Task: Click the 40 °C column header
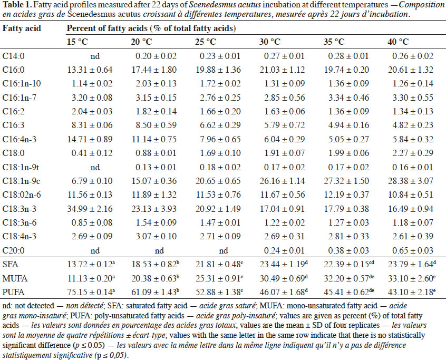point(398,42)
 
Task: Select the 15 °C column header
point(77,42)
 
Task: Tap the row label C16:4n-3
point(20,139)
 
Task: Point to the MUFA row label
point(15,278)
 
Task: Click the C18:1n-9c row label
point(22,181)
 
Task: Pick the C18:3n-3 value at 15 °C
point(90,209)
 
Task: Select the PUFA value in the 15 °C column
point(91,292)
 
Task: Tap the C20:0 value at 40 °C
point(413,250)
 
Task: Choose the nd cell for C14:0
point(95,56)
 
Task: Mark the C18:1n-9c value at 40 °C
point(411,181)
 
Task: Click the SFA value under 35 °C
point(349,264)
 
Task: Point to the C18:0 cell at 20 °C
point(156,153)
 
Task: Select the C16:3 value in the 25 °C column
point(220,125)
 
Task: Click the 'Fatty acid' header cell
point(22,28)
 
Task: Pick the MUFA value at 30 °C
point(284,278)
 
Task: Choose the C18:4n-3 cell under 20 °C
point(156,236)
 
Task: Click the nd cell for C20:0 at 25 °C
point(224,250)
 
